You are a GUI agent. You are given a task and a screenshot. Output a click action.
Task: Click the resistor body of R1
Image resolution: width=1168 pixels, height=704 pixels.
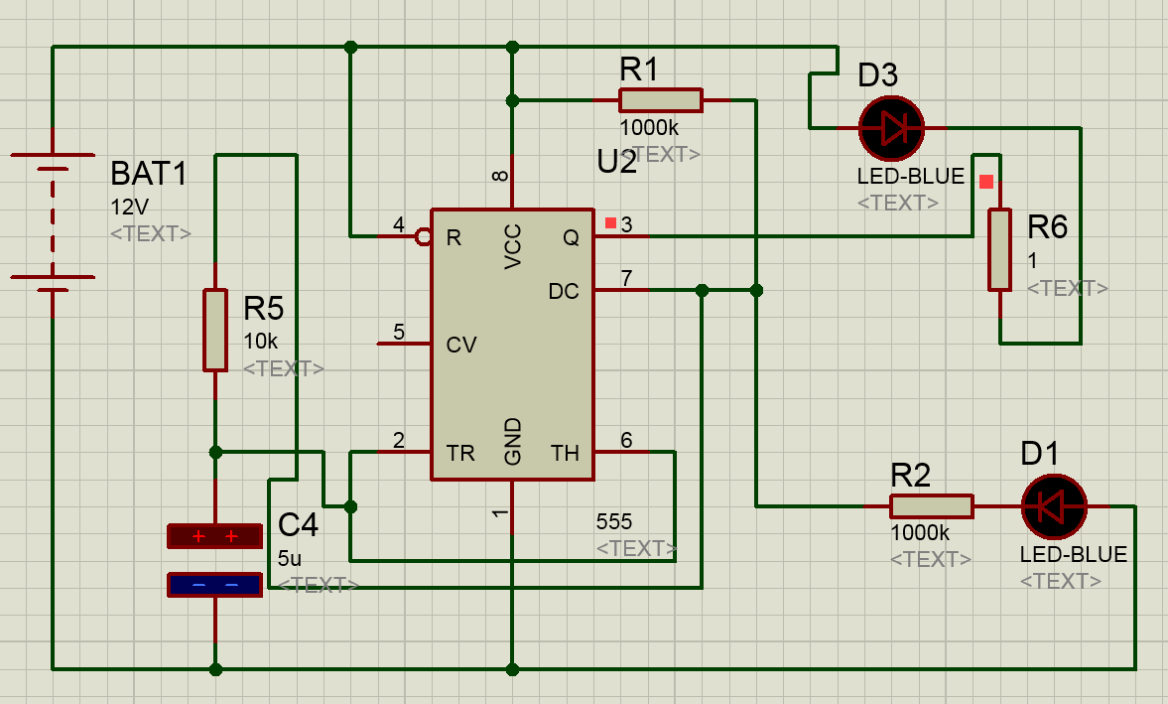[660, 100]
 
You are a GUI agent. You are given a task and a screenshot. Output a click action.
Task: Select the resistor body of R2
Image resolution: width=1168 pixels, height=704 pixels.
[931, 506]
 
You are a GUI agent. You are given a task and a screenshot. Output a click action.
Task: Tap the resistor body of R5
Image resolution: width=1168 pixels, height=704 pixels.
[214, 330]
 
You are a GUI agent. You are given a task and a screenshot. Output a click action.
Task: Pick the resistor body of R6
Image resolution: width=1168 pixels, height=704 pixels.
[999, 249]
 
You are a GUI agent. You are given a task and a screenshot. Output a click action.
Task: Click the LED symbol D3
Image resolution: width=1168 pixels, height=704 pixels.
[890, 128]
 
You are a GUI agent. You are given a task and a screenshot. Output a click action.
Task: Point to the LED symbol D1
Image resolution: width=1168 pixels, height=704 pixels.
[1054, 506]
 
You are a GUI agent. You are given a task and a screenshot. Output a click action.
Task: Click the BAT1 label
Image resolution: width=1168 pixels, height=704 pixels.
[149, 175]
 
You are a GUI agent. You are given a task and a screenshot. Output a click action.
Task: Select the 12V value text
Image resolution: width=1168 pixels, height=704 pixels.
[129, 208]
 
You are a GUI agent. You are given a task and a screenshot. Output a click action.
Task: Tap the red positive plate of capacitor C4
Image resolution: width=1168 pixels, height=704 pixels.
[214, 536]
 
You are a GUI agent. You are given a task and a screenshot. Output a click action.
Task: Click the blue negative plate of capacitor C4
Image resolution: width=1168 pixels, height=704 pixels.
[214, 585]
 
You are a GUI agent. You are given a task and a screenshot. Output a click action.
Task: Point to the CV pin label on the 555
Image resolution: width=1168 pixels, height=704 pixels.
[461, 345]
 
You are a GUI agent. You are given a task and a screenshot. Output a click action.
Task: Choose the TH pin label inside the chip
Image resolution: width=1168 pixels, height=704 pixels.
[565, 454]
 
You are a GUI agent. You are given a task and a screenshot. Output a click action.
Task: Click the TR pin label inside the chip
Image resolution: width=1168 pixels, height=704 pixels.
[460, 454]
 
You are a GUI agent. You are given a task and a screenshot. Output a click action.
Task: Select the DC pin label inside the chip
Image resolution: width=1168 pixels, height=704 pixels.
[564, 292]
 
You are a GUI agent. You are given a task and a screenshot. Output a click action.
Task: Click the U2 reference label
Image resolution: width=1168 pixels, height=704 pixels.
[616, 161]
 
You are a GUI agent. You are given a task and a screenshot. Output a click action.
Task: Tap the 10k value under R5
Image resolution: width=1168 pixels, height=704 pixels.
[260, 341]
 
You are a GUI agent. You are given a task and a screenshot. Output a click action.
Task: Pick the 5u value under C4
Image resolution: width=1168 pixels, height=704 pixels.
[290, 557]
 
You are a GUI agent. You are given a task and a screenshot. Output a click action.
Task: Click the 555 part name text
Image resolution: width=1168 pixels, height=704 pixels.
[613, 521]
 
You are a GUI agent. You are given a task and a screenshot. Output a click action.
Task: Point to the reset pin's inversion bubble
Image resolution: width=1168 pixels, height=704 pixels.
[423, 236]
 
